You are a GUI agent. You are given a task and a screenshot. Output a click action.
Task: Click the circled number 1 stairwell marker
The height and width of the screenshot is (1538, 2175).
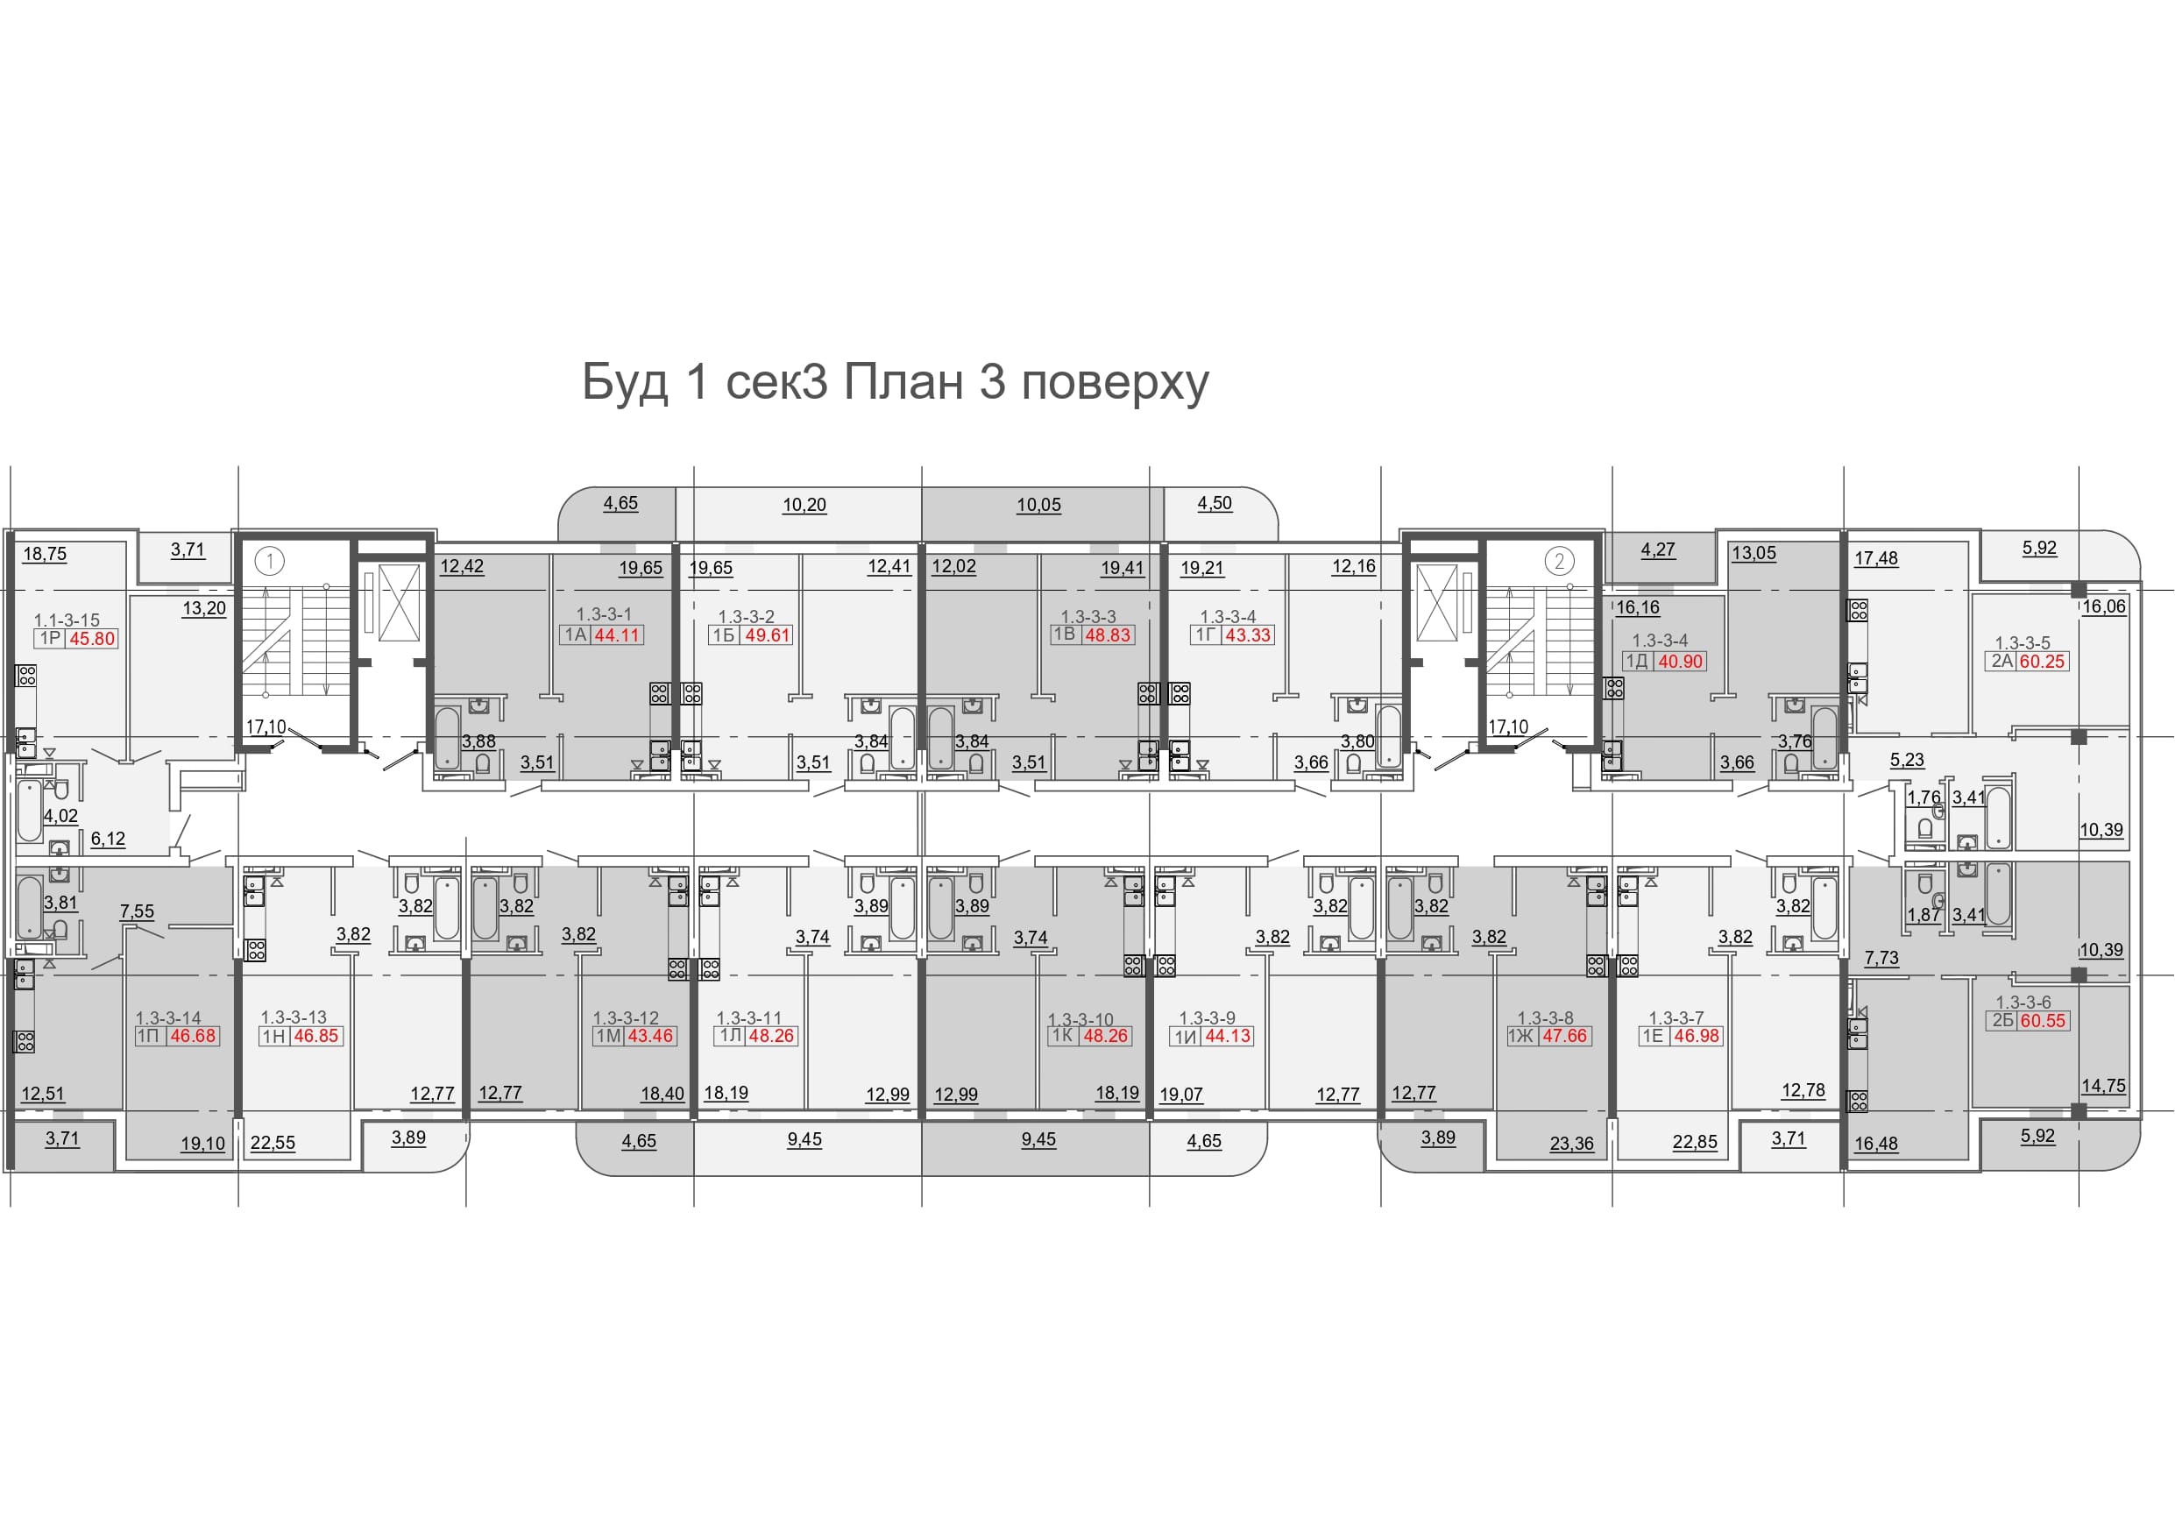[270, 561]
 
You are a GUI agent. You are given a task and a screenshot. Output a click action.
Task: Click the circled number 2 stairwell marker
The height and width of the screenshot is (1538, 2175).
[1559, 561]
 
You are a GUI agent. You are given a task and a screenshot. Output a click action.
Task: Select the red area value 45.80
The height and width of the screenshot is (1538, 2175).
[92, 639]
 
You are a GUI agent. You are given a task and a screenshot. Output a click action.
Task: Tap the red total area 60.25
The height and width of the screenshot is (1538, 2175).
[2042, 662]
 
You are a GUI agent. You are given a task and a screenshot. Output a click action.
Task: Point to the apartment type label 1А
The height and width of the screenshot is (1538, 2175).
[576, 634]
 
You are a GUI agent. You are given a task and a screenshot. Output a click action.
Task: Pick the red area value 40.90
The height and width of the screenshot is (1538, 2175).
[1681, 662]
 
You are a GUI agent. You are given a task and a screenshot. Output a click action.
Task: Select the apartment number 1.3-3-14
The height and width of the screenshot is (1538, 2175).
[168, 1018]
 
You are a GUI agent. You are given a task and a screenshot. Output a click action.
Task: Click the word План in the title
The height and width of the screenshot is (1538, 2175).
[903, 382]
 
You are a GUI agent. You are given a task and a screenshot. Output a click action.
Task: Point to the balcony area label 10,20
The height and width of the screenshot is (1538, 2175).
[804, 505]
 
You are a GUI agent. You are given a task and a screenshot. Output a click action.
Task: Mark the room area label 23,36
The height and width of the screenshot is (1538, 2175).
[1571, 1144]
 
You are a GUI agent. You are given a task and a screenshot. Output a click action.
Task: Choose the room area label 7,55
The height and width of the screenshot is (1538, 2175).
[137, 911]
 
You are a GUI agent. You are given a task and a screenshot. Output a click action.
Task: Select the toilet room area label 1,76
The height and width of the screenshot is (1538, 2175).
[1924, 797]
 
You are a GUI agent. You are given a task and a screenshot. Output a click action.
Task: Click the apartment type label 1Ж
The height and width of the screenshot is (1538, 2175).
[1521, 1036]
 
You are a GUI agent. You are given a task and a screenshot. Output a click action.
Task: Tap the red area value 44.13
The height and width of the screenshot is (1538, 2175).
[1228, 1037]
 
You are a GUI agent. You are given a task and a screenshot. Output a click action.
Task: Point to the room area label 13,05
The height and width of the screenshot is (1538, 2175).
[1754, 553]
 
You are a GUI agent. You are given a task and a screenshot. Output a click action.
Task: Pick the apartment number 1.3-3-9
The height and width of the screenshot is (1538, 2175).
[1207, 1018]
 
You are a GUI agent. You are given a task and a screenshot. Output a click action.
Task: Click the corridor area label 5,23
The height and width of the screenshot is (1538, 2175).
[1907, 760]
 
